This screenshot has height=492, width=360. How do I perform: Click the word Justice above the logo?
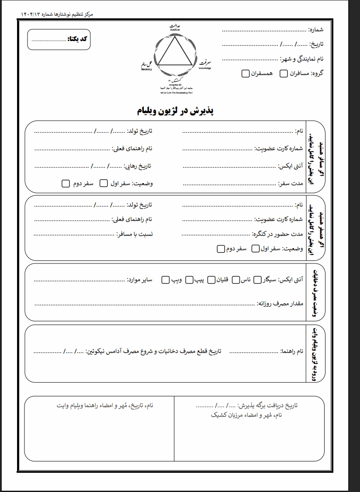pyautogui.click(x=175, y=30)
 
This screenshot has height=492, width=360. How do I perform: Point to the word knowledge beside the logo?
pyautogui.click(x=204, y=69)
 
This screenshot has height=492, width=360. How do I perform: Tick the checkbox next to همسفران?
pyautogui.click(x=246, y=73)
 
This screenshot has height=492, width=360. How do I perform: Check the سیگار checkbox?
pyautogui.click(x=257, y=279)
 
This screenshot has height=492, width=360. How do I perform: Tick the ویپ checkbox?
pyautogui.click(x=166, y=279)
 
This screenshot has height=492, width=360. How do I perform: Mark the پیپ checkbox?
pyautogui.click(x=189, y=279)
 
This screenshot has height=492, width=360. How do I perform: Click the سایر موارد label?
pyautogui.click(x=139, y=279)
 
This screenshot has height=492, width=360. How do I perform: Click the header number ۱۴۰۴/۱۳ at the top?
pyautogui.click(x=31, y=14)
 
